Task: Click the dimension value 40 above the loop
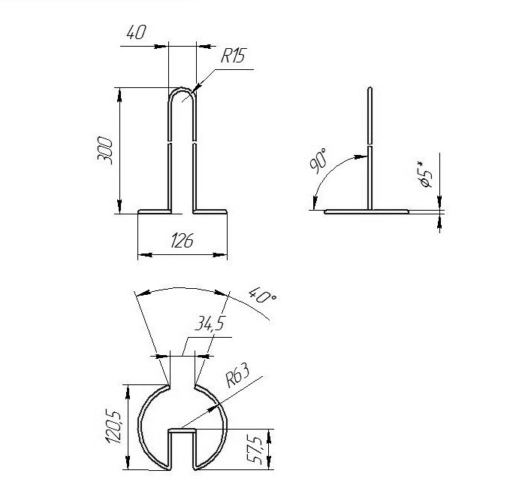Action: tap(136, 32)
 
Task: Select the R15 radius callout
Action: tap(234, 56)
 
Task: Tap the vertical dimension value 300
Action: tap(105, 150)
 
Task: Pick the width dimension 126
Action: tap(182, 240)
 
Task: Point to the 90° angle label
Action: tap(318, 160)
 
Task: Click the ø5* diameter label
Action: tap(425, 175)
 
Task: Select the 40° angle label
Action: tap(262, 296)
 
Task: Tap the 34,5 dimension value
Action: tap(210, 323)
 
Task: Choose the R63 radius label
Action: tap(238, 375)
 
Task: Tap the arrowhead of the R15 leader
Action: tap(195, 87)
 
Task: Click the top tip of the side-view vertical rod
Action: tap(370, 87)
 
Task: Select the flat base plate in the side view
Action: tap(367, 211)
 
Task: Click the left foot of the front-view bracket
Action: tap(155, 211)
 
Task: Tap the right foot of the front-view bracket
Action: tap(210, 211)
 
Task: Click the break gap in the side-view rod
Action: tap(370, 145)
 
